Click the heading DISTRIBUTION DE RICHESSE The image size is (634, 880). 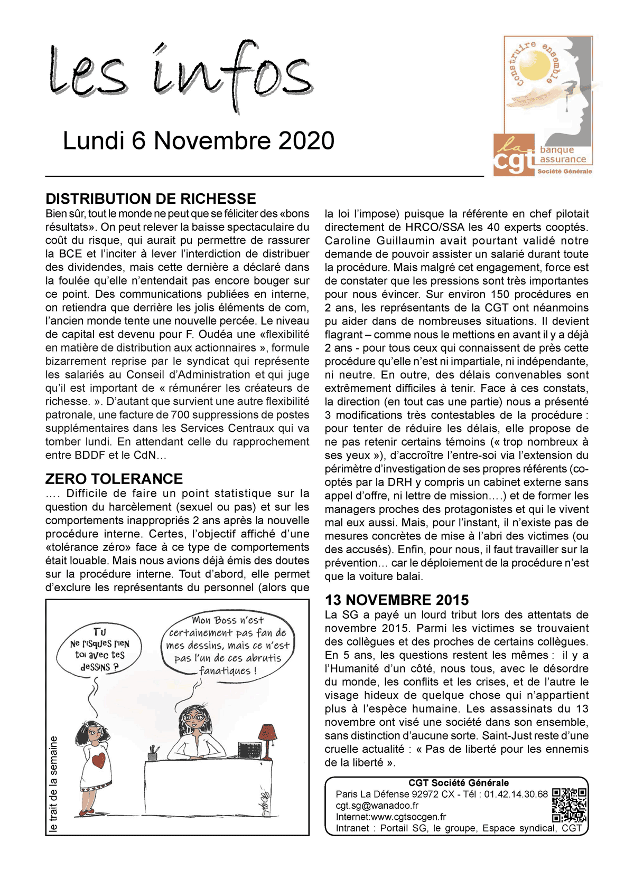(x=151, y=199)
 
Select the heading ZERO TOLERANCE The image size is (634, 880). (x=114, y=479)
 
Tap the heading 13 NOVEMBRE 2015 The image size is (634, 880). (x=397, y=600)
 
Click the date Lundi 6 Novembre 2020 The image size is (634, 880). (x=198, y=141)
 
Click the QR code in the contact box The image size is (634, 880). (x=569, y=805)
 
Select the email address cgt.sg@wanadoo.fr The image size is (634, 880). (x=377, y=806)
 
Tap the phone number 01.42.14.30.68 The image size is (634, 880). (x=516, y=794)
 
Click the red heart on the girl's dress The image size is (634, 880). (x=98, y=761)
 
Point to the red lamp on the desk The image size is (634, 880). (x=266, y=734)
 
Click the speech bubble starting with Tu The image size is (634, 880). (x=99, y=650)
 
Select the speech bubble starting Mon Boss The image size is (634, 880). (x=228, y=646)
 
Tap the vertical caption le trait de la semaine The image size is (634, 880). (x=53, y=784)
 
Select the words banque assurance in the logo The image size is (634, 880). (x=563, y=155)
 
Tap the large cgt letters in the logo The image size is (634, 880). (x=514, y=162)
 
